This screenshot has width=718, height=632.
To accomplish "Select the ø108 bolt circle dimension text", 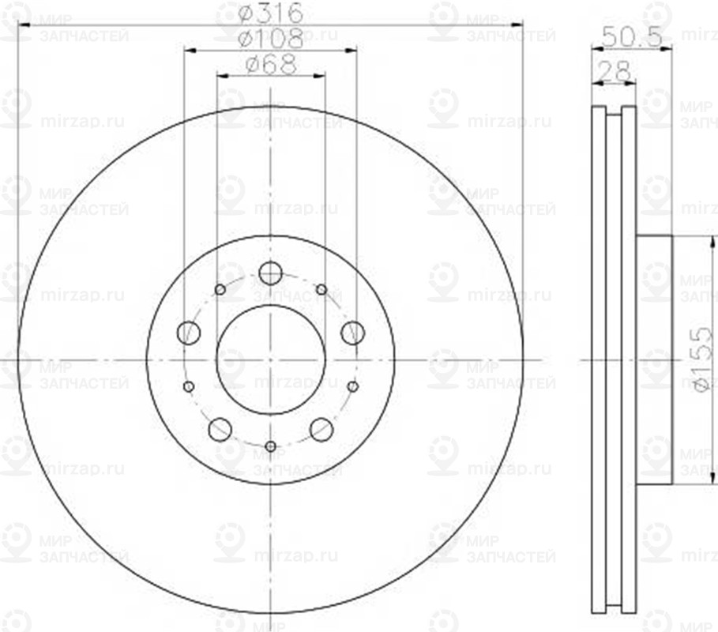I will point(269,39).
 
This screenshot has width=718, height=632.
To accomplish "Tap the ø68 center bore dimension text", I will point(269,65).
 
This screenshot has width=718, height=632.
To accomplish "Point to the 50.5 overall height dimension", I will point(630,36).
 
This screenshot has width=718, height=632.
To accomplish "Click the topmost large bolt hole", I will point(270,273).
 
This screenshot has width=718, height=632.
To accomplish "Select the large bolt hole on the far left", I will point(189,333).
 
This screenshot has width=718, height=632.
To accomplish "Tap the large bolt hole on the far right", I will point(352,333).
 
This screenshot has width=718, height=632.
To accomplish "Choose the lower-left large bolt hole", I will point(220,430).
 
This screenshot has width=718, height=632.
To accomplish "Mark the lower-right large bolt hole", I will point(321,430).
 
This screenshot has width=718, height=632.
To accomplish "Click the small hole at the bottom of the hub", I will point(270,447).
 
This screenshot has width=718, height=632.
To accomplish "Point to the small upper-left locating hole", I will point(220,290).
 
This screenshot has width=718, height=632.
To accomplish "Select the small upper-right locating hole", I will point(321,290).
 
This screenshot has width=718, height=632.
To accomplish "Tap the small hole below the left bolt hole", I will point(188,386).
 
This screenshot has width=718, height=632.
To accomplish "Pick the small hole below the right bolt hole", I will point(353,386).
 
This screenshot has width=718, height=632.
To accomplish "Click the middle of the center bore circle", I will point(270,360).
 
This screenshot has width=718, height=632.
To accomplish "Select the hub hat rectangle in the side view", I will point(653,359).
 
